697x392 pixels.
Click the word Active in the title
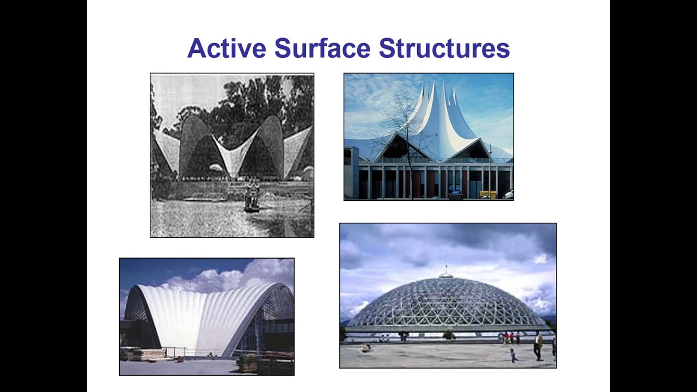[x=227, y=48]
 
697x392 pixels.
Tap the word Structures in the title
[x=444, y=48]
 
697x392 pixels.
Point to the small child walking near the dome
[x=512, y=356]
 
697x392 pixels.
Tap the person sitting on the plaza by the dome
[x=366, y=348]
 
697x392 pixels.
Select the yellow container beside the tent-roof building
[x=487, y=194]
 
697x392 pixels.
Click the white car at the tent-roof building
[x=509, y=194]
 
